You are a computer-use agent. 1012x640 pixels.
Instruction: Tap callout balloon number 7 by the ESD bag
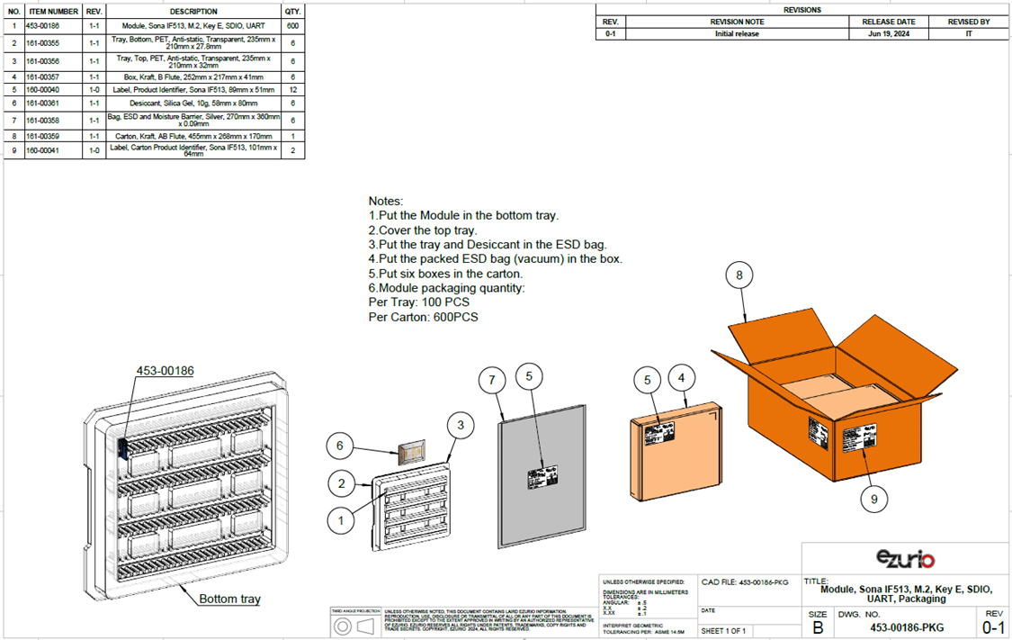[x=492, y=381]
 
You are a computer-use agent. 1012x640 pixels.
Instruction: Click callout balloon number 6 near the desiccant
[x=339, y=446]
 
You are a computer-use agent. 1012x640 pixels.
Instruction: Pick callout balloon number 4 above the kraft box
[x=683, y=379]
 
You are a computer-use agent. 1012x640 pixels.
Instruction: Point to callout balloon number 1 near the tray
[x=341, y=520]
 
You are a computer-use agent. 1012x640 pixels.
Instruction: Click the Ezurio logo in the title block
[x=904, y=559]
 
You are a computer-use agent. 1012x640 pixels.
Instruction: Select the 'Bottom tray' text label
[x=229, y=599]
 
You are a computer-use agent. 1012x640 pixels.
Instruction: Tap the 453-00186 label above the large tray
[x=165, y=370]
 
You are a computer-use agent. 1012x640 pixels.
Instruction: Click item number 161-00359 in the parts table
[x=43, y=136]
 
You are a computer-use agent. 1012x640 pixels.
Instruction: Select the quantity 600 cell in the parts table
[x=292, y=26]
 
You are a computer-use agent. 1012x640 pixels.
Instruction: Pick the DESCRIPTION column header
[x=193, y=12]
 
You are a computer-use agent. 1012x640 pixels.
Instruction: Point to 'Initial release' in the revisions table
[x=737, y=34]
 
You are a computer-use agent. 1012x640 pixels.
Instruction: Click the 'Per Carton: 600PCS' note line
[x=423, y=318]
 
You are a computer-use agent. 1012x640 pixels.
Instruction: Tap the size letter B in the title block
[x=817, y=627]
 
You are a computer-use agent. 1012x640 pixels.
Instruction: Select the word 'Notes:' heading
[x=386, y=201]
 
